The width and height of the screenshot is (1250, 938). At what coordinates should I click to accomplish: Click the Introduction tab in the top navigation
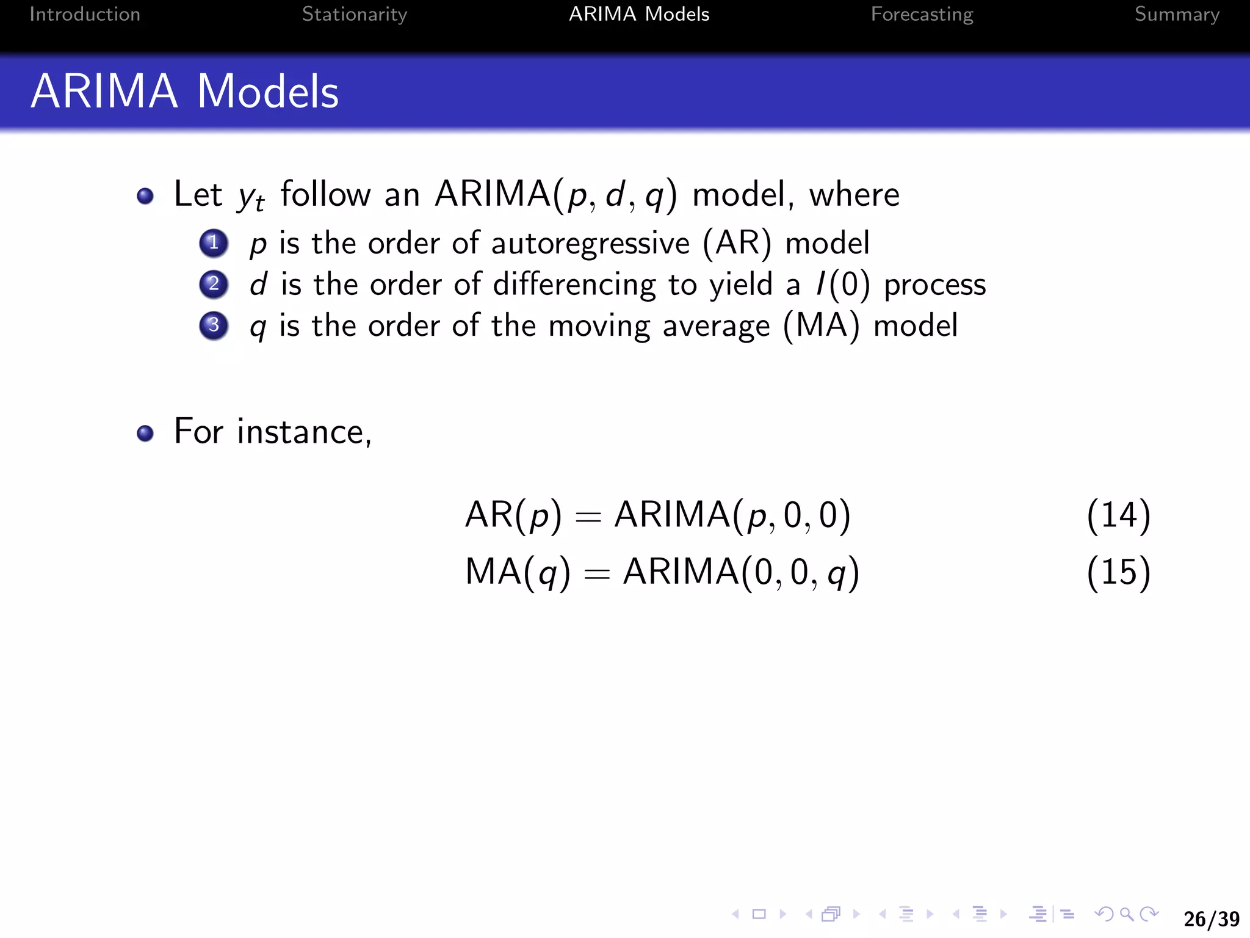pos(85,14)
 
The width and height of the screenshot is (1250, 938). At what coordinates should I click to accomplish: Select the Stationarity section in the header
pos(354,14)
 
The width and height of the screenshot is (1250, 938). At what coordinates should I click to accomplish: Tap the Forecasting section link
pos(922,14)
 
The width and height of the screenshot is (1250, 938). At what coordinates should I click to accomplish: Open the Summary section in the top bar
pos(1176,14)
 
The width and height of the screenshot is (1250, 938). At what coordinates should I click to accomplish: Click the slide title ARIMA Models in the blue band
pos(184,92)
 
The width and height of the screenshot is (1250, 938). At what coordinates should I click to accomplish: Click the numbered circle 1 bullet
pos(214,243)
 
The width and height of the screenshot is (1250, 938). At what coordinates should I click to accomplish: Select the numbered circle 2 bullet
pos(214,284)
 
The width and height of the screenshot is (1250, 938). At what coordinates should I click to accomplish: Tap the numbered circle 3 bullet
pos(214,325)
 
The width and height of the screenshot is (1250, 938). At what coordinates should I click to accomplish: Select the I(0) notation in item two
pos(843,285)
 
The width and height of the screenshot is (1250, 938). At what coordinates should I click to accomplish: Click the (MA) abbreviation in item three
pos(822,325)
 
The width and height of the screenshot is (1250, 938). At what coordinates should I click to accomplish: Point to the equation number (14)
pos(1118,515)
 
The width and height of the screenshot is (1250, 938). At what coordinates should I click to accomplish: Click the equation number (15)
pos(1118,572)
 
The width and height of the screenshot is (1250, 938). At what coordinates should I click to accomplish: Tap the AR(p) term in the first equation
pos(513,515)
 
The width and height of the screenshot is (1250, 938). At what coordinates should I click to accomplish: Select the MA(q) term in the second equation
pos(518,572)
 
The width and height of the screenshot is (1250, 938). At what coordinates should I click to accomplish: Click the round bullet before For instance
pos(145,433)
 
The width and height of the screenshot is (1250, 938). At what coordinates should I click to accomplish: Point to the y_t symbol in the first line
pos(251,197)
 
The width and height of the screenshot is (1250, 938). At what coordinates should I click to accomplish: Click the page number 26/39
pos(1211,918)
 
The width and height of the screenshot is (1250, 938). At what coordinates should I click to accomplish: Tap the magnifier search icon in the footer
pos(1127,914)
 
